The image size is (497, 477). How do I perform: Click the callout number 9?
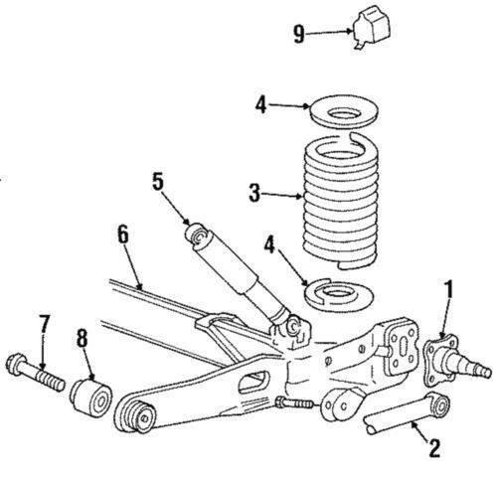pyautogui.click(x=299, y=35)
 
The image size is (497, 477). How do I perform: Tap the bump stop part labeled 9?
pyautogui.click(x=372, y=27)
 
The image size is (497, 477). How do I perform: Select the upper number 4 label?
pyautogui.click(x=261, y=105)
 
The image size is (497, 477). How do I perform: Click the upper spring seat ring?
pyautogui.click(x=344, y=111)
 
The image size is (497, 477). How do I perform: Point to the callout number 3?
pyautogui.click(x=254, y=193)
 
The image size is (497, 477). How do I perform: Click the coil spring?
pyautogui.click(x=341, y=201)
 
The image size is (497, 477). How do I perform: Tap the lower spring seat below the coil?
pyautogui.click(x=339, y=295)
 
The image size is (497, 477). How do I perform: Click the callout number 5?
pyautogui.click(x=158, y=182)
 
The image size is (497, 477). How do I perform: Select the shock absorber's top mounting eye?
pyautogui.click(x=199, y=237)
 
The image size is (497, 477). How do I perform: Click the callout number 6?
pyautogui.click(x=123, y=235)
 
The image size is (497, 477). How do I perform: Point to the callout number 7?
pyautogui.click(x=44, y=324)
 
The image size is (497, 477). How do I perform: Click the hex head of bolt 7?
pyautogui.click(x=16, y=363)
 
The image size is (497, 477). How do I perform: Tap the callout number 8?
pyautogui.click(x=83, y=338)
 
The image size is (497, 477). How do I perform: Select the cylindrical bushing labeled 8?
pyautogui.click(x=90, y=397)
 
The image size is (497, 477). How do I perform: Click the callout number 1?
pyautogui.click(x=448, y=289)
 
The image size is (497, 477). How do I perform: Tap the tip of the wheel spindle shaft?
pyautogui.click(x=488, y=372)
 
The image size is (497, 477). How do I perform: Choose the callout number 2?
pyautogui.click(x=434, y=448)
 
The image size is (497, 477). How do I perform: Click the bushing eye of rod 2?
pyautogui.click(x=439, y=406)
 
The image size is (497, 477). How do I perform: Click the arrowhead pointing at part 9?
pyautogui.click(x=349, y=32)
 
